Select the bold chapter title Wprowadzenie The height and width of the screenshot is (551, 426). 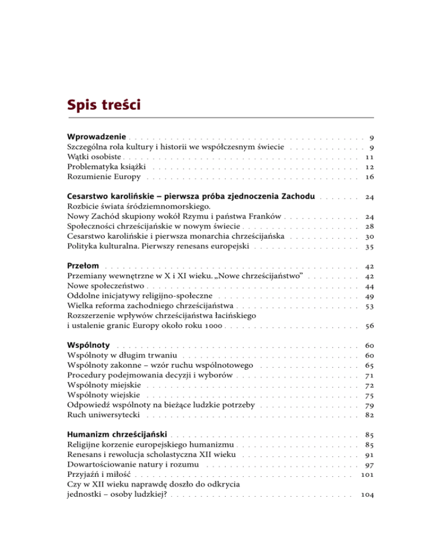pos(97,136)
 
